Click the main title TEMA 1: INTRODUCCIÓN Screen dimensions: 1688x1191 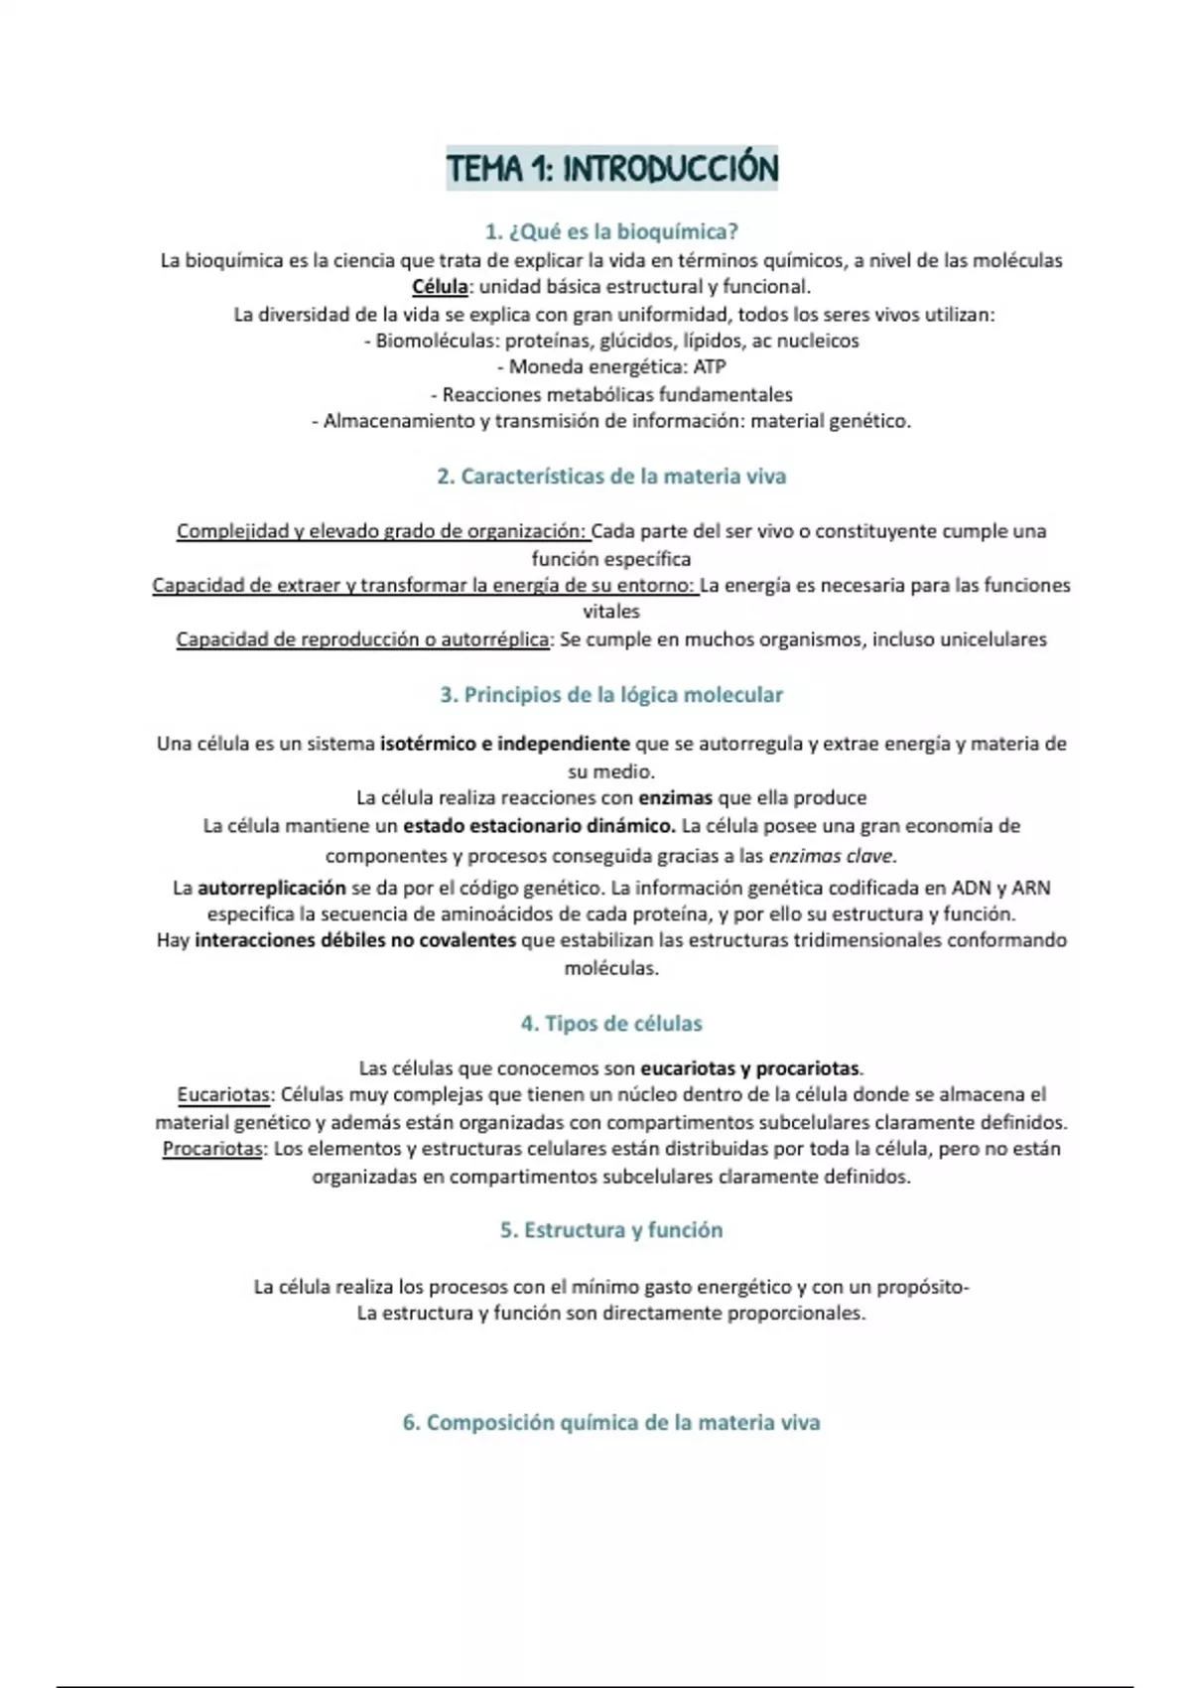611,169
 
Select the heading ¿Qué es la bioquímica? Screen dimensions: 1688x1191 611,232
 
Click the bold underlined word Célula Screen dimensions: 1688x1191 440,287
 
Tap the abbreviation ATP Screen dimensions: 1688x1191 710,367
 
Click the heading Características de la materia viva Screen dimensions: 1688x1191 611,477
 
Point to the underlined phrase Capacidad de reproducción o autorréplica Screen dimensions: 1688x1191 362,639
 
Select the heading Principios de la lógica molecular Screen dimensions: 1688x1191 611,695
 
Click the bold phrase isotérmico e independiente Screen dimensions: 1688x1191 504,744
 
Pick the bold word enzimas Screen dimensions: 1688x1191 675,798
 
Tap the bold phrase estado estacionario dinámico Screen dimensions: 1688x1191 539,826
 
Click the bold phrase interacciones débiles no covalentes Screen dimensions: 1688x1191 355,940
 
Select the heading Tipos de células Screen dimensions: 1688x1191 611,1024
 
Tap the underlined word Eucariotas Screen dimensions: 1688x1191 223,1095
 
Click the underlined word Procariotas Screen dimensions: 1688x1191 212,1149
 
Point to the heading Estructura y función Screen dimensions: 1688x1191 611,1230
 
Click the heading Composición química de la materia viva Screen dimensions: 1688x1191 611,1423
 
